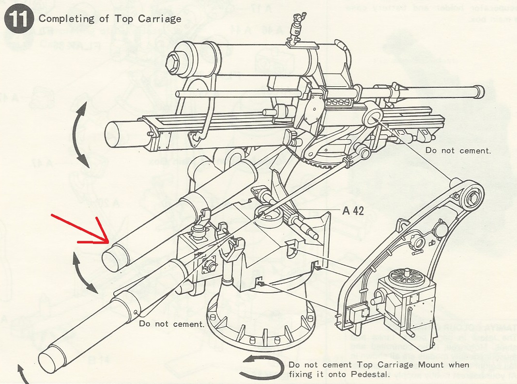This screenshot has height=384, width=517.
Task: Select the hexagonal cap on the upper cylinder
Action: pyautogui.click(x=185, y=63)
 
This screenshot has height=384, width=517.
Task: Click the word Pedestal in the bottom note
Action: pyautogui.click(x=371, y=374)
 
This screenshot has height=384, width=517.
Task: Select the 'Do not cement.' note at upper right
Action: pyautogui.click(x=458, y=150)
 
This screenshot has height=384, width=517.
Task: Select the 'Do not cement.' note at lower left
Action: pyautogui.click(x=171, y=323)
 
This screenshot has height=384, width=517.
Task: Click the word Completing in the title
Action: pyautogui.click(x=60, y=19)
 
